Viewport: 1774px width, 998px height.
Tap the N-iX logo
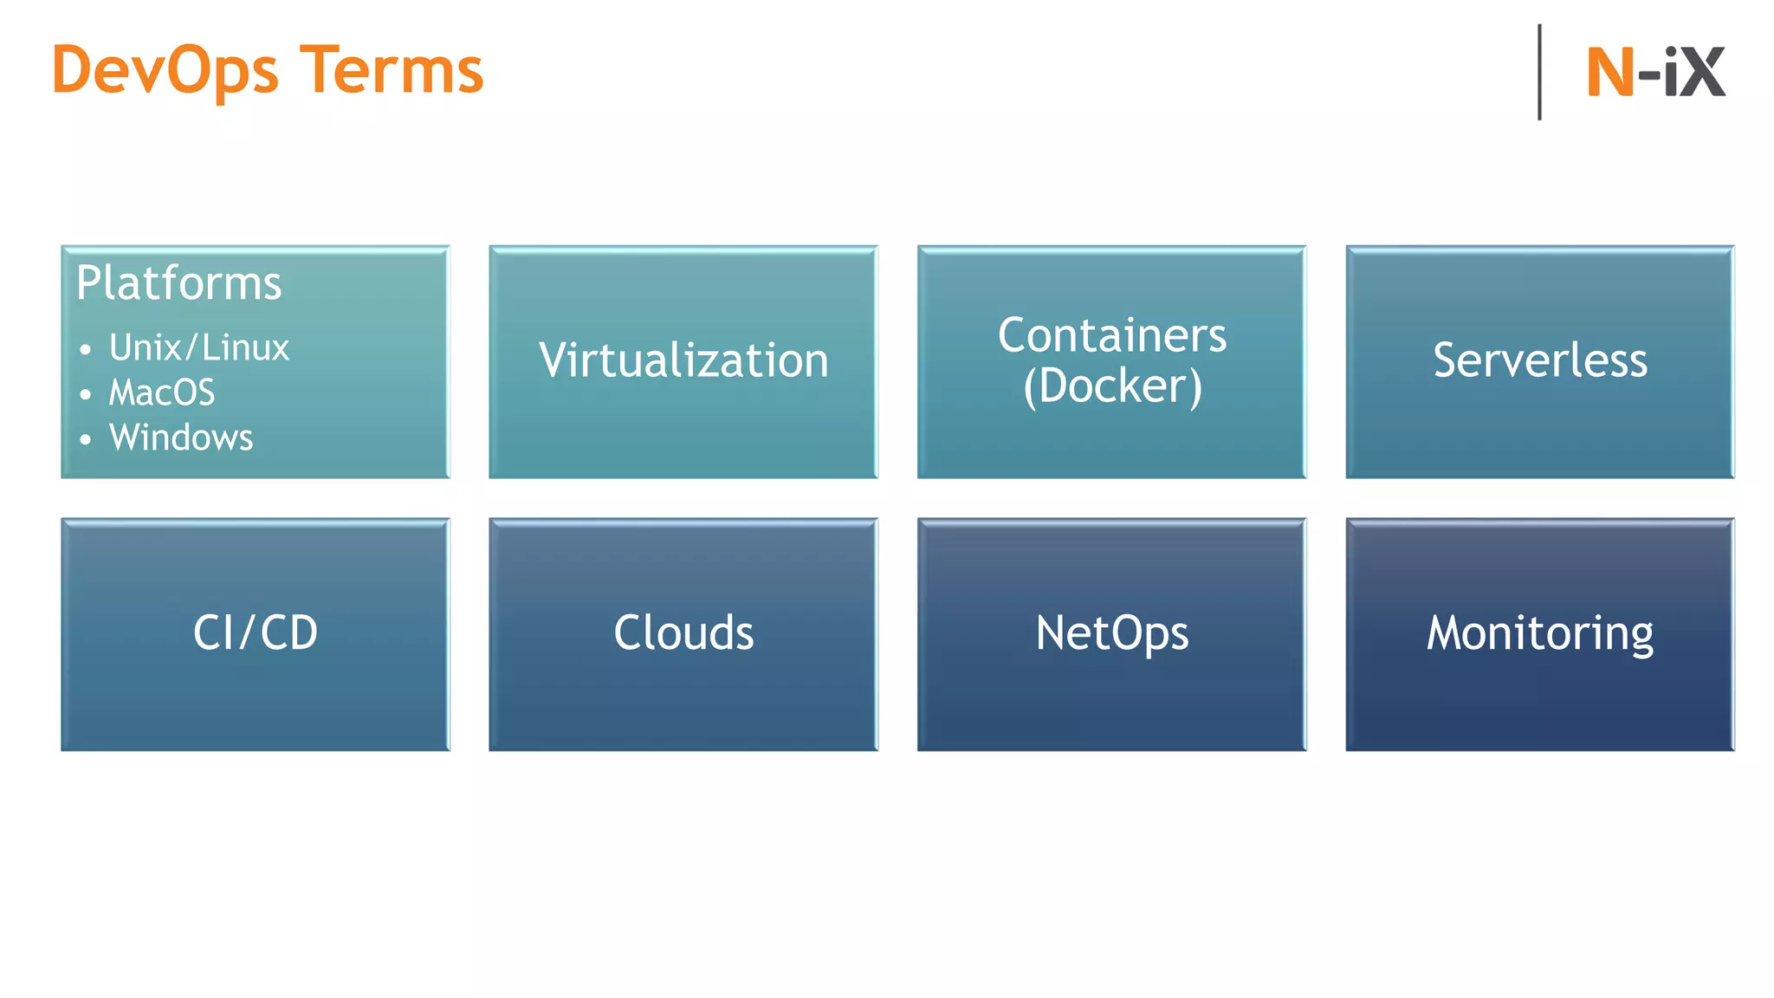[1655, 73]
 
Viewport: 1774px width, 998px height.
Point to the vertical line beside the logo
[1539, 73]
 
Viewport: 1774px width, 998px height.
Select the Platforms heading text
[178, 283]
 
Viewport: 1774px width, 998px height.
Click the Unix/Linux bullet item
[199, 348]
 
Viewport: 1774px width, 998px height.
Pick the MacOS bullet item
[162, 393]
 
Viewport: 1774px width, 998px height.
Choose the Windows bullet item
[181, 438]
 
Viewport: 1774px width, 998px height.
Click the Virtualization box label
[683, 360]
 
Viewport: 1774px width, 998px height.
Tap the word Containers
[1111, 335]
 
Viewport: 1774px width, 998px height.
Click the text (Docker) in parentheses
[1111, 386]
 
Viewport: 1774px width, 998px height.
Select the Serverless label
[1539, 360]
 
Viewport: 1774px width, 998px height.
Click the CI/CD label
[256, 633]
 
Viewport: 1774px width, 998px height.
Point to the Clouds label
[683, 633]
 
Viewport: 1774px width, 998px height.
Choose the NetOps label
[1111, 633]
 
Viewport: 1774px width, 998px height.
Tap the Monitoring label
[1539, 633]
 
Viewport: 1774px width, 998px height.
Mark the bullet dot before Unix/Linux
[85, 350]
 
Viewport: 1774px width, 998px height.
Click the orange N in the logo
[1609, 73]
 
